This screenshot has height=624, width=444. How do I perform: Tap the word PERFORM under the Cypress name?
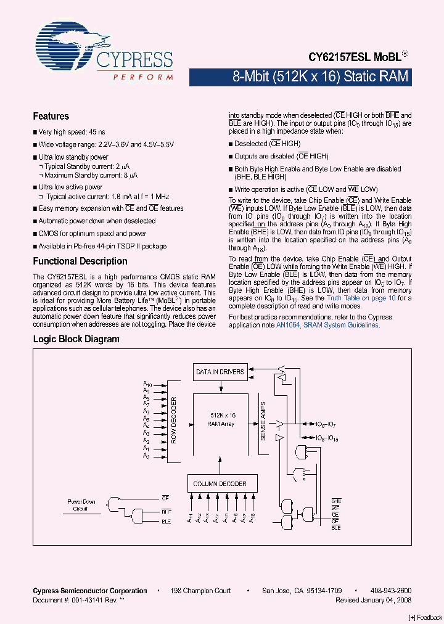pos(142,77)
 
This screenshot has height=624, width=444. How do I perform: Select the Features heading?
pos(51,116)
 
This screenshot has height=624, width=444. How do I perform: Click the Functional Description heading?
pos(80,261)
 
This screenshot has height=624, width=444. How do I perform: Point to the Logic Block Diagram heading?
pos(76,339)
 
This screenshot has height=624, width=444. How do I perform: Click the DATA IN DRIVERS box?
pos(220,372)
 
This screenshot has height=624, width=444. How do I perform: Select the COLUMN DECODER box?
pos(220,484)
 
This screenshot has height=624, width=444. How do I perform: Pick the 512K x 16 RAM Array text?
pos(221,420)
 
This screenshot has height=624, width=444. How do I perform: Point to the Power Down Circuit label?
pos(81,505)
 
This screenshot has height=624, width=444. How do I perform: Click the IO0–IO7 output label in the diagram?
pos(325,425)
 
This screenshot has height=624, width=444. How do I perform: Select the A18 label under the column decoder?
pos(252,518)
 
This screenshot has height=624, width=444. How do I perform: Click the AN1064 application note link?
pos(339,325)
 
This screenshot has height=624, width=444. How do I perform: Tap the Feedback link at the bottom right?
pos(425,617)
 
